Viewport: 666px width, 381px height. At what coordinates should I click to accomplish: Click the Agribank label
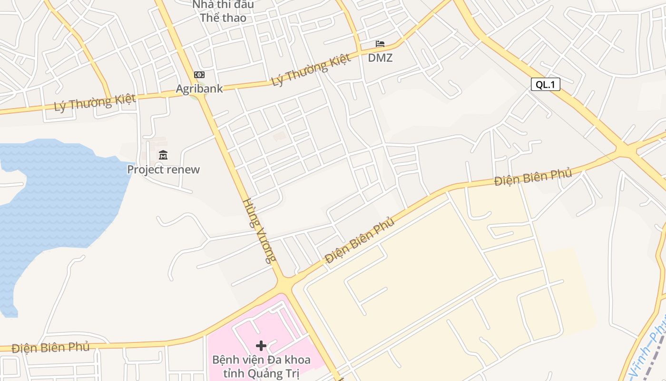tap(199, 89)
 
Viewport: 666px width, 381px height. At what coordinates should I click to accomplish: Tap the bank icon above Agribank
tap(199, 75)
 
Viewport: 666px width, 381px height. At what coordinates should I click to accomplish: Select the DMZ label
tap(380, 58)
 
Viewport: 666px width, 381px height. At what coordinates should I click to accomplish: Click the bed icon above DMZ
tap(380, 44)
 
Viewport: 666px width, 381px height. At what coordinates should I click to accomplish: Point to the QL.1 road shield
tap(545, 85)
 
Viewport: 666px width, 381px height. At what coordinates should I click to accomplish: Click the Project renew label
tap(163, 170)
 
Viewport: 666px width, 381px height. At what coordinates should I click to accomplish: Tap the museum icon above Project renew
tap(163, 155)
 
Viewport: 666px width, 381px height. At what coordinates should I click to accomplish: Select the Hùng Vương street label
tap(259, 231)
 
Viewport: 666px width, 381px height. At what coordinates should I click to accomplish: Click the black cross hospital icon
tap(261, 346)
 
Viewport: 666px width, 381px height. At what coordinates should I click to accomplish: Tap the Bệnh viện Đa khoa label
tap(261, 360)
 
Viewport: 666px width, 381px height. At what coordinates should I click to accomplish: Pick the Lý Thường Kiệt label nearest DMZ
tap(311, 70)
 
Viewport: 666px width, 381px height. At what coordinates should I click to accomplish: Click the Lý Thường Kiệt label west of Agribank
tap(95, 102)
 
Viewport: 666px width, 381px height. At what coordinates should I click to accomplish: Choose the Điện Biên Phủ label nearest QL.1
tap(532, 177)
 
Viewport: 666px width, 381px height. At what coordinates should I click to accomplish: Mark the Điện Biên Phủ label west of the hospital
tap(50, 348)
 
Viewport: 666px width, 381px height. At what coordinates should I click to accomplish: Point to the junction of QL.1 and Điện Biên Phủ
tap(626, 150)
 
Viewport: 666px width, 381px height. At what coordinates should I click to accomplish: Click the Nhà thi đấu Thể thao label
tap(223, 11)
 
